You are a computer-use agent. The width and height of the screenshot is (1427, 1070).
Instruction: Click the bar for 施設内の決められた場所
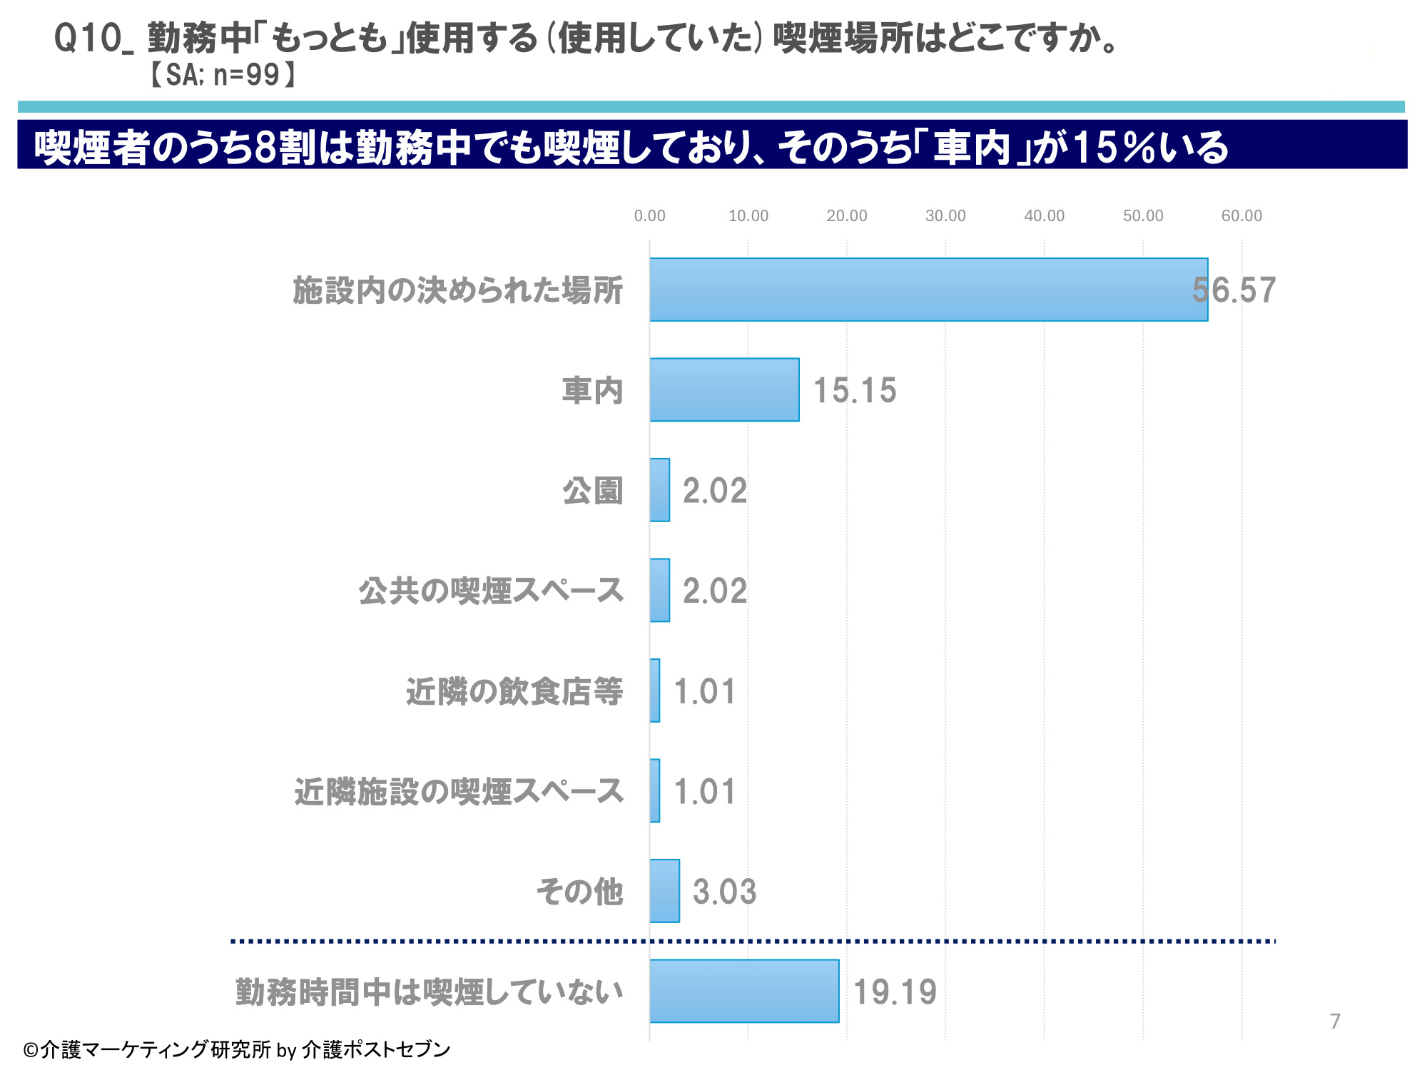click(928, 290)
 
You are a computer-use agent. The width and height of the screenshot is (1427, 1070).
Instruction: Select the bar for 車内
click(724, 389)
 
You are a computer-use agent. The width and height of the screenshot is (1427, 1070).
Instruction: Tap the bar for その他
click(664, 891)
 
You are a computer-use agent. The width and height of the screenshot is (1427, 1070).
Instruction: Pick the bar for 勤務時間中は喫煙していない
click(744, 991)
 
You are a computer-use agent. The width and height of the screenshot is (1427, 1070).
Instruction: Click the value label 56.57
click(1234, 290)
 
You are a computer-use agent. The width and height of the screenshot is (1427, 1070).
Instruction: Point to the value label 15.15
click(855, 390)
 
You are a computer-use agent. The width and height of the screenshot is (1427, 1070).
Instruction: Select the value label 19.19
click(895, 992)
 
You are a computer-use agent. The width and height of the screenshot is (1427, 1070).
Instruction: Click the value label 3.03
click(724, 892)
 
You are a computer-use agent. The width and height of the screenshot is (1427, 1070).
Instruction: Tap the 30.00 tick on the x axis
click(945, 215)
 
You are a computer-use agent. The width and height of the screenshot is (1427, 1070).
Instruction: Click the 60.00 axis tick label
click(1241, 215)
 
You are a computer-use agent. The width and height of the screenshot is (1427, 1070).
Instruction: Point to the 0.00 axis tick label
click(649, 215)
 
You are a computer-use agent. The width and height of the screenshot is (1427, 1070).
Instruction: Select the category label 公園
click(593, 491)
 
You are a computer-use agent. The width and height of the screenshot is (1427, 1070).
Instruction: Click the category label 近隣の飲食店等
click(514, 691)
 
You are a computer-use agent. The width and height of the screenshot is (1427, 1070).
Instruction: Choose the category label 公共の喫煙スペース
click(491, 591)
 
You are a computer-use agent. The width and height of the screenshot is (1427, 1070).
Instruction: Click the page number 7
click(1335, 1021)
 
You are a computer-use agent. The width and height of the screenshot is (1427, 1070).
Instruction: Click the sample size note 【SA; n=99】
click(221, 74)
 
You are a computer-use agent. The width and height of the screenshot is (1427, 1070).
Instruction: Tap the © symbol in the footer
click(30, 1050)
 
